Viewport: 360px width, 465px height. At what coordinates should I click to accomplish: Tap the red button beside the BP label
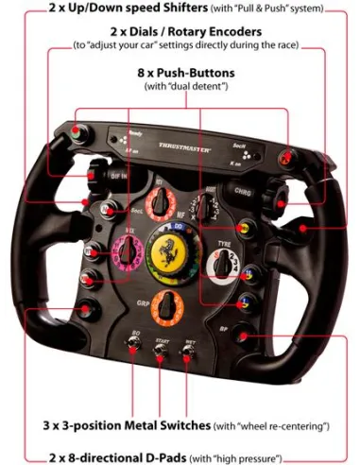245,335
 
